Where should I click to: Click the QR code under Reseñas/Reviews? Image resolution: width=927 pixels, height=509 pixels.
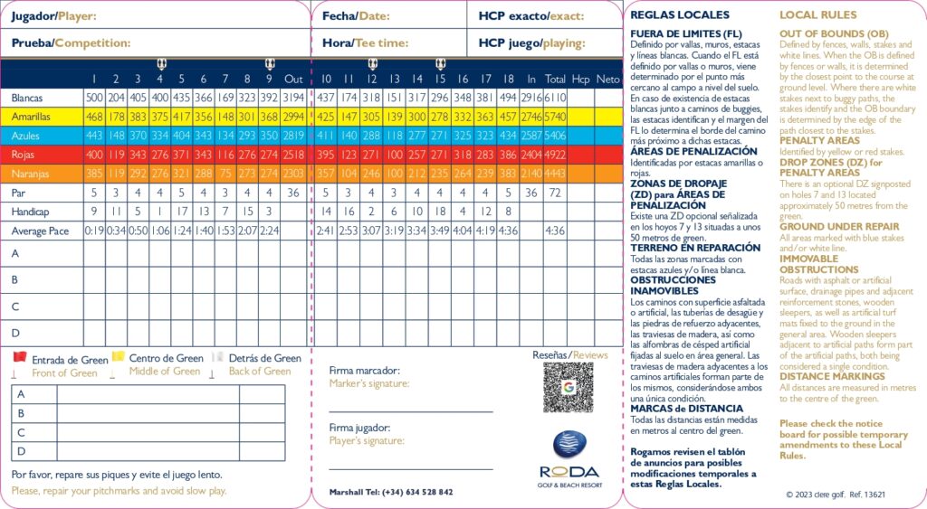[568, 389]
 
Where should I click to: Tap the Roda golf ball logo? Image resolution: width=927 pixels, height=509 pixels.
[569, 446]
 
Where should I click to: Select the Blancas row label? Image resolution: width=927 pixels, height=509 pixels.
[27, 98]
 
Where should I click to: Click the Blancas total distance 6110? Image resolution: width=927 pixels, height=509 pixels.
[556, 98]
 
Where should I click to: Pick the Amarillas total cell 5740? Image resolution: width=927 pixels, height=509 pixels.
[556, 117]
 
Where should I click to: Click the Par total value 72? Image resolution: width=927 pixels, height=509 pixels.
[556, 193]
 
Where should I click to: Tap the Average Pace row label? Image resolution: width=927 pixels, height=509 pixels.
[40, 231]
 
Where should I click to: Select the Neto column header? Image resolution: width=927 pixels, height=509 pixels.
[607, 79]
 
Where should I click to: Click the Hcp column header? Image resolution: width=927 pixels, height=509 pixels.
[581, 79]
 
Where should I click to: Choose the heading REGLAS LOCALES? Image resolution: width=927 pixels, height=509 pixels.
[679, 15]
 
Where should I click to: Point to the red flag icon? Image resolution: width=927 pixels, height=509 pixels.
[19, 359]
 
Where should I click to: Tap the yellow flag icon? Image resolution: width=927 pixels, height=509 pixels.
[117, 358]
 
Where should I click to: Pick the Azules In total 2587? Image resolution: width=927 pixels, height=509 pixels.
[531, 136]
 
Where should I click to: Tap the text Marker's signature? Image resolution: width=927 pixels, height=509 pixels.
[368, 383]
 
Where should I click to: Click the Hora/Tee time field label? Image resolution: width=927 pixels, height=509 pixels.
[366, 42]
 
